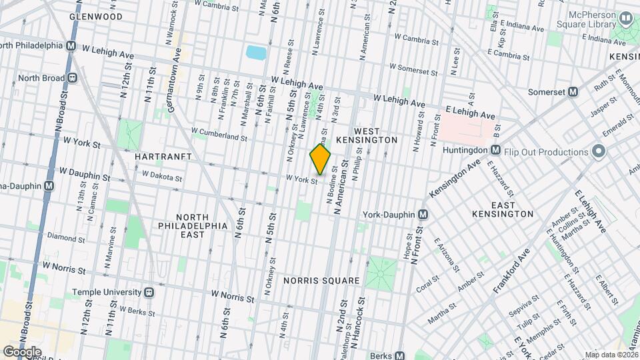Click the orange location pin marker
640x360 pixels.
pyautogui.click(x=321, y=159)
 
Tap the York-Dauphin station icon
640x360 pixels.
pyautogui.click(x=422, y=215)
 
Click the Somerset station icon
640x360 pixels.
pyautogui.click(x=572, y=92)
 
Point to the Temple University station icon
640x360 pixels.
pyautogui.click(x=150, y=292)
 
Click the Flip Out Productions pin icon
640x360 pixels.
pyautogui.click(x=598, y=152)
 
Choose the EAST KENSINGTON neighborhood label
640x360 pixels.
pyautogui.click(x=503, y=209)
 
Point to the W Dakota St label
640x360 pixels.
pyautogui.click(x=162, y=177)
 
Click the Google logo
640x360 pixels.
pyautogui.click(x=22, y=351)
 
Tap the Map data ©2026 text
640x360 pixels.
pyautogui.click(x=611, y=355)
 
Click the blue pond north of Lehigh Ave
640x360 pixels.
pyautogui.click(x=255, y=53)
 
